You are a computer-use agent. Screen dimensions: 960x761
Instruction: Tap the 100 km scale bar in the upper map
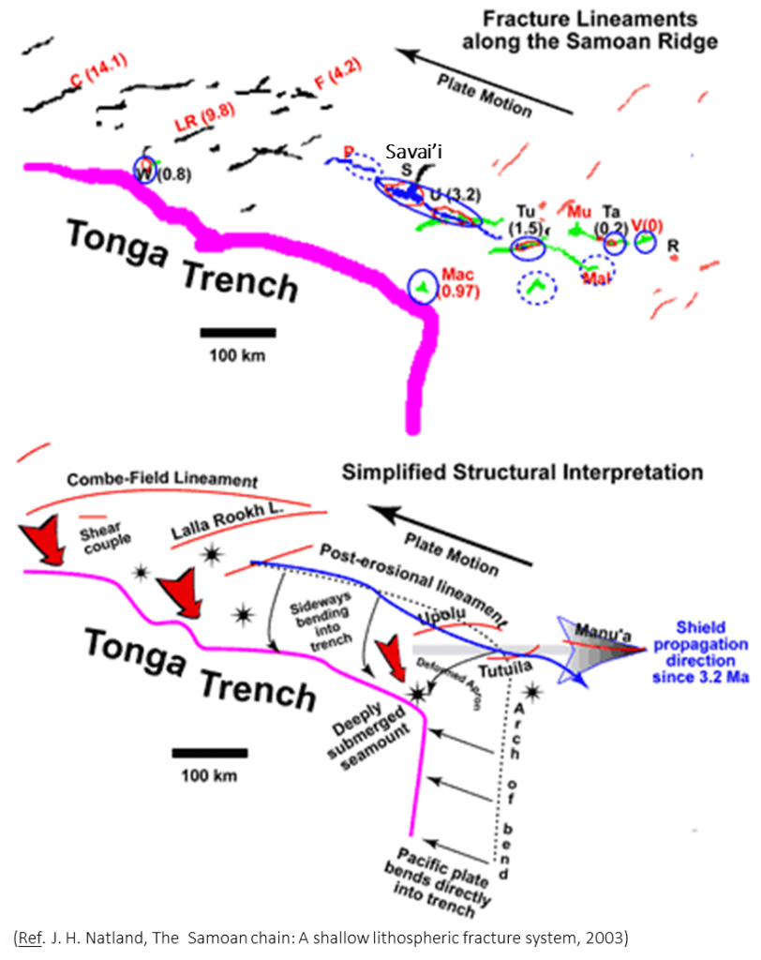coord(237,332)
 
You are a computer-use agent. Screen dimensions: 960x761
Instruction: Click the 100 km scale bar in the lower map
coord(210,753)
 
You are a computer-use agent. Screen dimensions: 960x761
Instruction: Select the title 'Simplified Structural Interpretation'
coord(523,472)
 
